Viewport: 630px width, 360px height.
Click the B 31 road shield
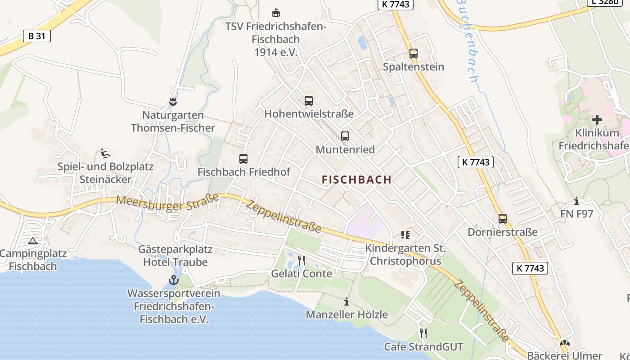click(x=37, y=36)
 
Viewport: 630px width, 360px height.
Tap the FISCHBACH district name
click(x=357, y=180)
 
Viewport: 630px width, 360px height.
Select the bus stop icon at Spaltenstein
click(x=414, y=54)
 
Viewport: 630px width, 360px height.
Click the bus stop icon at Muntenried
click(x=345, y=136)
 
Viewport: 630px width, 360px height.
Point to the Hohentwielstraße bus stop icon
click(x=308, y=101)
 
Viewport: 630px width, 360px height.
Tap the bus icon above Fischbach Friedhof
click(x=243, y=159)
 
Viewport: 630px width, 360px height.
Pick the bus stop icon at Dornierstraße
click(x=503, y=219)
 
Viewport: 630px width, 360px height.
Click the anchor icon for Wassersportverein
click(x=173, y=280)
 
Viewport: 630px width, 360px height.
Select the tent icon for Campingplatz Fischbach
click(x=32, y=241)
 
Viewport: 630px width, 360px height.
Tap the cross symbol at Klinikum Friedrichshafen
click(x=597, y=120)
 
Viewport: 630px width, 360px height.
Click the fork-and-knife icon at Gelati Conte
click(x=301, y=261)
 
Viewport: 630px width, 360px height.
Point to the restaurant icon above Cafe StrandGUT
click(x=423, y=333)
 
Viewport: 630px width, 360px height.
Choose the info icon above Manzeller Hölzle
click(x=346, y=301)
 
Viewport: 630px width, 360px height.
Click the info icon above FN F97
click(x=576, y=201)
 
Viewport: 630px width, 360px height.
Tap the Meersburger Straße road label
click(x=168, y=202)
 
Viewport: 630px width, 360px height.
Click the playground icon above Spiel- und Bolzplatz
click(x=105, y=154)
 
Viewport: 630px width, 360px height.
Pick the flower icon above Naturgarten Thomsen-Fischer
click(x=173, y=102)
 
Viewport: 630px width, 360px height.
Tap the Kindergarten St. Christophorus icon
click(x=405, y=234)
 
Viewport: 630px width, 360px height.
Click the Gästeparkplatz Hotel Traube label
click(x=175, y=256)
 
